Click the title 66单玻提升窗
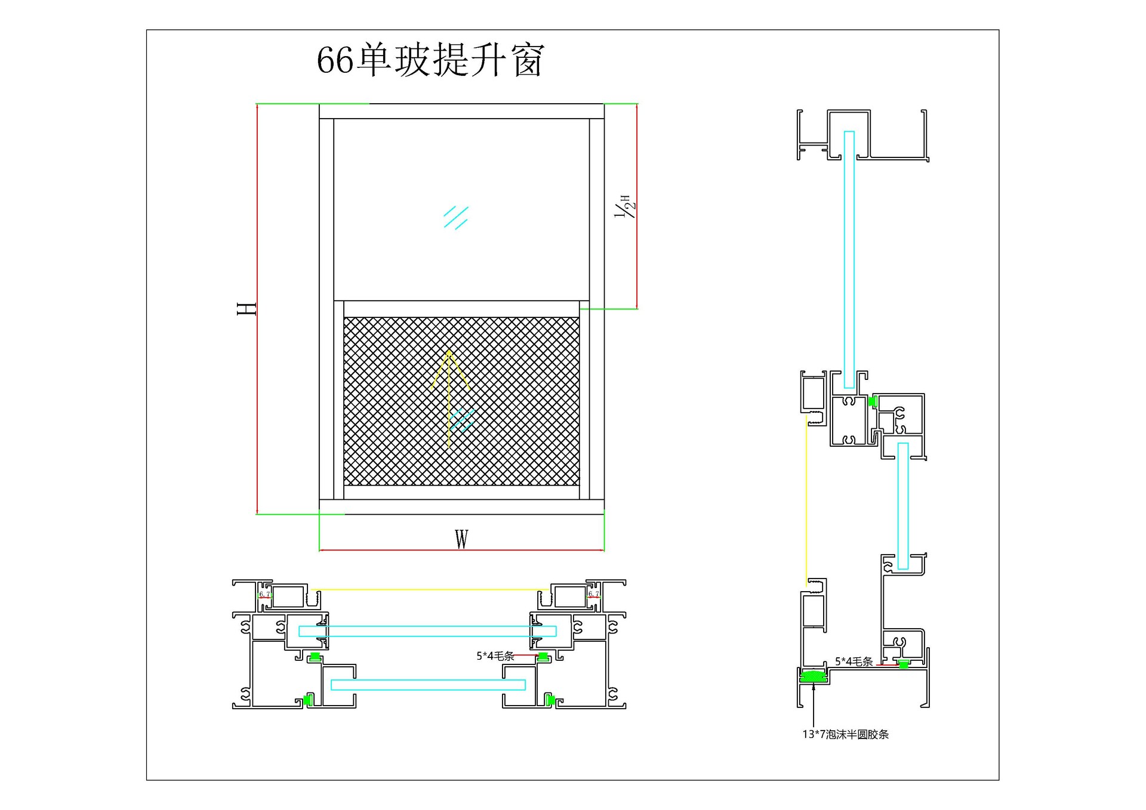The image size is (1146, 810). pyautogui.click(x=430, y=60)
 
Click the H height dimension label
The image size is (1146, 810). pyautogui.click(x=247, y=309)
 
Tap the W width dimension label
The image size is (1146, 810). pyautogui.click(x=461, y=539)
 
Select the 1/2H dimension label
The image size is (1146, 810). pyautogui.click(x=625, y=206)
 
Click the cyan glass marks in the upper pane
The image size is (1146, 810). pyautogui.click(x=456, y=218)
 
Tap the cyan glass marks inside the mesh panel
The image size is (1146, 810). pyautogui.click(x=463, y=420)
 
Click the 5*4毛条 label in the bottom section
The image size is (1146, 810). pyautogui.click(x=495, y=656)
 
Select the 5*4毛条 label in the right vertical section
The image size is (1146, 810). pyautogui.click(x=854, y=661)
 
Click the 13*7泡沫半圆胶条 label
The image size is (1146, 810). pyautogui.click(x=845, y=734)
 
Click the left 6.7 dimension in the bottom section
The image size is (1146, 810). pyautogui.click(x=264, y=594)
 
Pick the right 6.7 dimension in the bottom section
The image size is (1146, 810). pyautogui.click(x=593, y=594)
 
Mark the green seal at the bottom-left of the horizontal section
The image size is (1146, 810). pyautogui.click(x=308, y=700)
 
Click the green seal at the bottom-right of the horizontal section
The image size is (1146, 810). pyautogui.click(x=551, y=700)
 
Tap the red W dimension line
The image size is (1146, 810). pyautogui.click(x=461, y=550)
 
